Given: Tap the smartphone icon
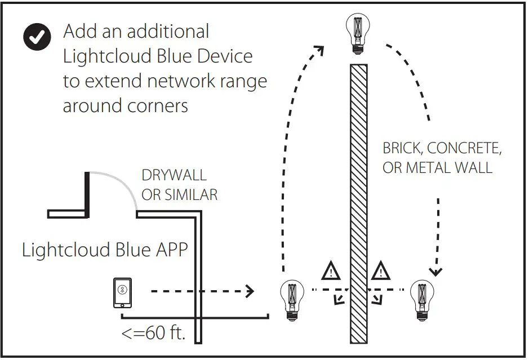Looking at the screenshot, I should click(122, 293).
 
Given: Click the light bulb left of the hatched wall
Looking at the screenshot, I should click(291, 300).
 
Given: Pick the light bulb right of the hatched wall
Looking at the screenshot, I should click(422, 300).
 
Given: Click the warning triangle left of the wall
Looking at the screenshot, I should click(331, 272).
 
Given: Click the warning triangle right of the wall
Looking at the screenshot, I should click(381, 272).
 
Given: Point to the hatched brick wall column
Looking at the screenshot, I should click(358, 203).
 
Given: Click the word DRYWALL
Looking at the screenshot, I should click(174, 176).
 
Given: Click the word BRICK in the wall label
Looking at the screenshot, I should click(402, 149).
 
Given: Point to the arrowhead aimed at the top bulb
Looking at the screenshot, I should click(319, 50).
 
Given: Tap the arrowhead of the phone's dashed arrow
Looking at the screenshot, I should click(248, 291).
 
